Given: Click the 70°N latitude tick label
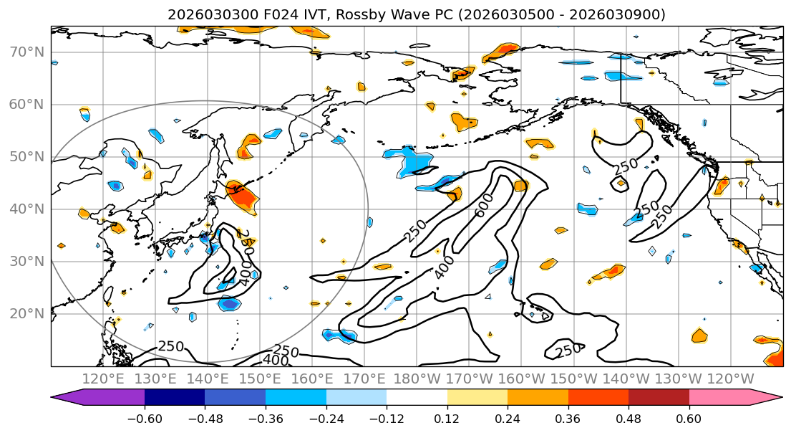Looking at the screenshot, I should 26,52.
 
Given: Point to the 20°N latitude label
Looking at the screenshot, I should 26,314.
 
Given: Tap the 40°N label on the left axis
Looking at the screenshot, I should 26,209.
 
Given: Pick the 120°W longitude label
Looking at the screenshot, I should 729,379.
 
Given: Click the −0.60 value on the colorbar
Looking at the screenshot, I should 145,419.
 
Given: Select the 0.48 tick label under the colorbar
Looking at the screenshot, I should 629,419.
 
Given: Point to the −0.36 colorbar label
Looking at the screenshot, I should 266,419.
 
